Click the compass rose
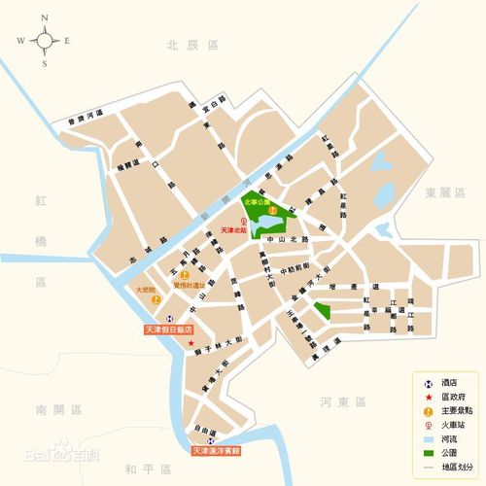46,40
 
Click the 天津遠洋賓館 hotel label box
223,452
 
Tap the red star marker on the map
191,344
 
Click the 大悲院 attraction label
146,290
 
